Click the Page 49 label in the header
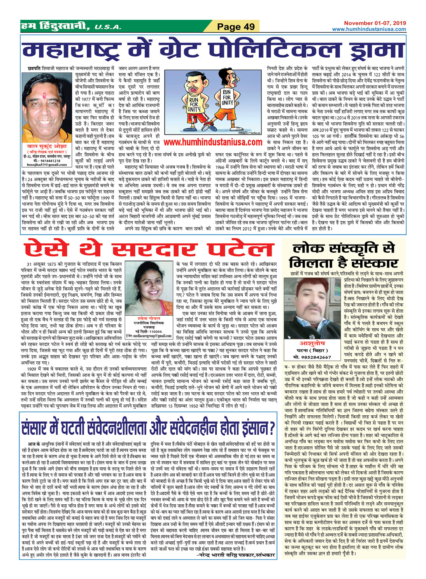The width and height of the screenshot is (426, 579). [x=236, y=26]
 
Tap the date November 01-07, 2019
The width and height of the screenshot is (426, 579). [x=375, y=23]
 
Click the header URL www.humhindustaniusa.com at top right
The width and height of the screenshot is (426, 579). [x=369, y=29]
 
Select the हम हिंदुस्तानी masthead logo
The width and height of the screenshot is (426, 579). [x=57, y=26]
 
